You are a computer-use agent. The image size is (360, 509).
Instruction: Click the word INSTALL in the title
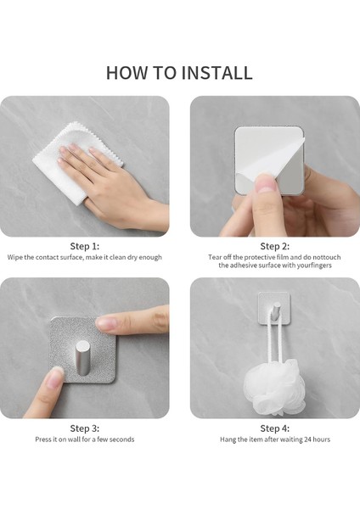pos(217,73)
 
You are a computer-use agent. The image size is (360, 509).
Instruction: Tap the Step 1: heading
pos(85,246)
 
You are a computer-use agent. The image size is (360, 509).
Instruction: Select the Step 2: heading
pos(274,246)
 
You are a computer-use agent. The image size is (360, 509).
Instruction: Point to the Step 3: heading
pos(85,428)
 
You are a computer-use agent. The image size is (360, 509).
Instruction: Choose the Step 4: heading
pos(274,428)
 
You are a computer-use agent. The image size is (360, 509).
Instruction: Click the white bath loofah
pos(275,387)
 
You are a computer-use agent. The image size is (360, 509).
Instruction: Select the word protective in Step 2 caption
pos(259,257)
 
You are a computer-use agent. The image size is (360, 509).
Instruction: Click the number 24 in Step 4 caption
pos(307,439)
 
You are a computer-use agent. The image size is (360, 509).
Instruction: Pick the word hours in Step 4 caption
pos(322,439)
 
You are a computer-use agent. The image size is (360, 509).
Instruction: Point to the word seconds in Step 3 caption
pos(121,439)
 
